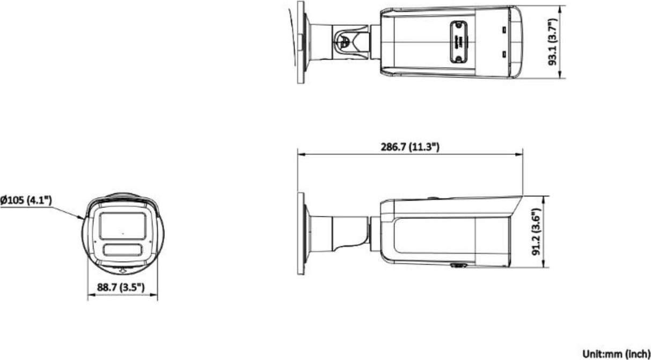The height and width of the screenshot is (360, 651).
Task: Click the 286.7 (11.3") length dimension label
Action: tap(410, 147)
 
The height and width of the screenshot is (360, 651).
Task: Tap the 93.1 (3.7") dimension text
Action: tap(553, 42)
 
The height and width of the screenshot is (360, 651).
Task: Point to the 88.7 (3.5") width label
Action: tap(121, 287)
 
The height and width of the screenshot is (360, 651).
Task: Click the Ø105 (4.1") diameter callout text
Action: tap(26, 200)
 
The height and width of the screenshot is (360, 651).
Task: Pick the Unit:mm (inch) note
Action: tap(616, 353)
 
